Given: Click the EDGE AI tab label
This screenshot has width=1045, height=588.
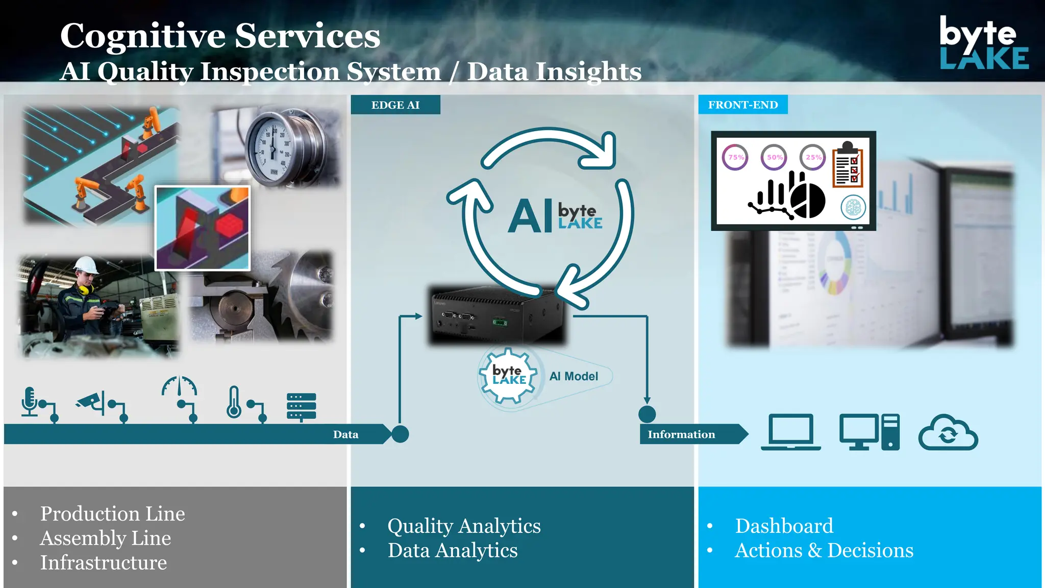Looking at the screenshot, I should click(395, 105).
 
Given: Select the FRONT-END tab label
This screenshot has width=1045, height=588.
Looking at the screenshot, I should click(743, 105).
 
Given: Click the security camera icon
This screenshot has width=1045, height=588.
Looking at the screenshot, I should click(92, 402).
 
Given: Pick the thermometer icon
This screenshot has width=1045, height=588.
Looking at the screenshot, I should click(234, 402).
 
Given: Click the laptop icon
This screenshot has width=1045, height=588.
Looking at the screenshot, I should click(791, 432).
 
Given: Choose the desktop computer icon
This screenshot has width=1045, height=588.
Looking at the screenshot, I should click(869, 432).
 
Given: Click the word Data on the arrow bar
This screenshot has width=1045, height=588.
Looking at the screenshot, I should click(345, 434).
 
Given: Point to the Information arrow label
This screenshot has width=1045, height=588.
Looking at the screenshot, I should click(681, 434).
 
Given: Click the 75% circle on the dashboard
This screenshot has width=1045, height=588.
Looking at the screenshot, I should click(735, 157).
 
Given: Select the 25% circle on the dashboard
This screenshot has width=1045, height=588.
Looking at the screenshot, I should click(813, 157).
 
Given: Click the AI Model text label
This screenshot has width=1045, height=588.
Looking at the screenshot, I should click(574, 376).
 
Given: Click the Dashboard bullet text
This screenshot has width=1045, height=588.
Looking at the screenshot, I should click(784, 526).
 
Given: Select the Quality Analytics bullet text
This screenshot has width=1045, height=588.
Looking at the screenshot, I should click(464, 526).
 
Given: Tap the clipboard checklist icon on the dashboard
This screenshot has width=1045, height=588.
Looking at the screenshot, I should click(848, 166).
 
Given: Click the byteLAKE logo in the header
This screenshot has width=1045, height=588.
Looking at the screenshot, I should click(983, 43).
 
